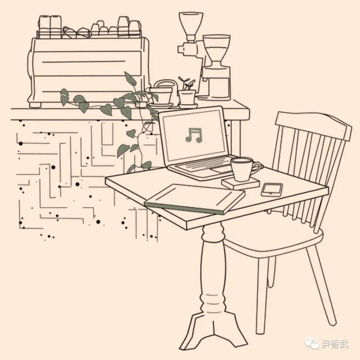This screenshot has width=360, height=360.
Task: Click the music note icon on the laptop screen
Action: (194, 135)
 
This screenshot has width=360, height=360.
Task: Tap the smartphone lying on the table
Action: (272, 190)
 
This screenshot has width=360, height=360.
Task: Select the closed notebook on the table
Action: (194, 199)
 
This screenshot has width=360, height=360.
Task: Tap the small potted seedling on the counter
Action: (187, 93)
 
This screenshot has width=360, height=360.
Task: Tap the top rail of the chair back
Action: (314, 125)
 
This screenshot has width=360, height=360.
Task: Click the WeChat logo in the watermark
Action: (312, 344)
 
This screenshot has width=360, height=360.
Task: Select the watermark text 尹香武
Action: (335, 344)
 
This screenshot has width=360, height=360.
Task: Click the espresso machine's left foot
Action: (35, 105)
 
